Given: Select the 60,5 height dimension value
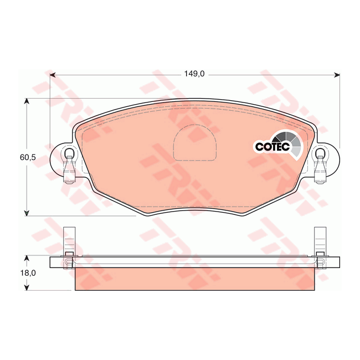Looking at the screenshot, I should [28, 157].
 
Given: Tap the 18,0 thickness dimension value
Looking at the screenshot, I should [28, 273].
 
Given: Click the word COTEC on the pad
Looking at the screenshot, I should [272, 147].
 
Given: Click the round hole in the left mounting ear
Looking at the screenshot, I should [69, 153].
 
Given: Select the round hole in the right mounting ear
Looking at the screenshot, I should [320, 153].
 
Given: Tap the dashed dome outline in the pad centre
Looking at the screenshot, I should [194, 142].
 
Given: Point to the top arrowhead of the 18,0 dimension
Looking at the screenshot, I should [25, 259].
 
